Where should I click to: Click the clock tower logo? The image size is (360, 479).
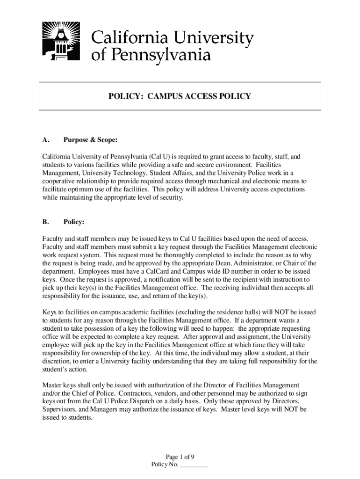[x=60, y=42]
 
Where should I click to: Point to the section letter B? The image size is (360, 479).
[x=45, y=223]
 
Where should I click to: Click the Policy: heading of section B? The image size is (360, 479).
[x=74, y=223]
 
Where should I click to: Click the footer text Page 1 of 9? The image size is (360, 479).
[x=180, y=457]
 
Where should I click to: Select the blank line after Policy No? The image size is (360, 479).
[x=194, y=465]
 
